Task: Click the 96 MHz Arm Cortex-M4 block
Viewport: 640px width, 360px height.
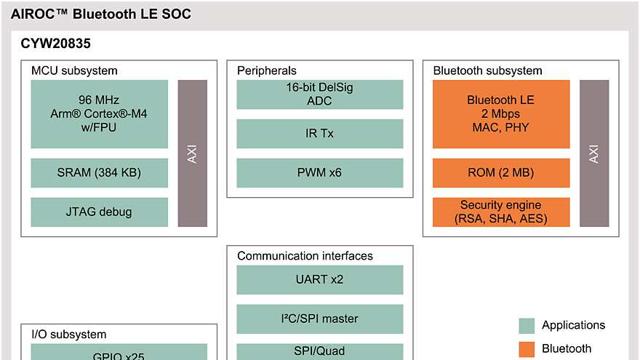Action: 100,113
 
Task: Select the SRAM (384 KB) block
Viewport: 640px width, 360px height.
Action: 100,173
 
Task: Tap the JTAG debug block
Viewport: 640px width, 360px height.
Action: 100,212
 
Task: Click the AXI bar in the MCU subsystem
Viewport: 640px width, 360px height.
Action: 193,153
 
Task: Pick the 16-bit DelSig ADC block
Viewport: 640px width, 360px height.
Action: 320,95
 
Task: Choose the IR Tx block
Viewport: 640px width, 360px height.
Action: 320,134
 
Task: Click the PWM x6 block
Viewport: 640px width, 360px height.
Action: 320,173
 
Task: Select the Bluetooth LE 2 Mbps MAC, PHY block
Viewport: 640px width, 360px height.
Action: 500,113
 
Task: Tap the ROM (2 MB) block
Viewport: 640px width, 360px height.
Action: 500,173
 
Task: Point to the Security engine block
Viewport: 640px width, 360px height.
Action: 500,212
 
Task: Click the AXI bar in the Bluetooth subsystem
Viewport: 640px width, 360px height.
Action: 594,153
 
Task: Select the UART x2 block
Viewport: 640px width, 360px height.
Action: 320,279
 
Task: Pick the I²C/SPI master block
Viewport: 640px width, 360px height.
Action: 320,319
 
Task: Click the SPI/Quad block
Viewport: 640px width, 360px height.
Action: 320,351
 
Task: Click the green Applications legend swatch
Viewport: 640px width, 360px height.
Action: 527,325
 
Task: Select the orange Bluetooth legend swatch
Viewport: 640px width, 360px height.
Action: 527,349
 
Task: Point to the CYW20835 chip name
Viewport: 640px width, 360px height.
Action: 55,44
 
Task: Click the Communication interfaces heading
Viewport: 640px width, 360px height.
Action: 305,256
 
